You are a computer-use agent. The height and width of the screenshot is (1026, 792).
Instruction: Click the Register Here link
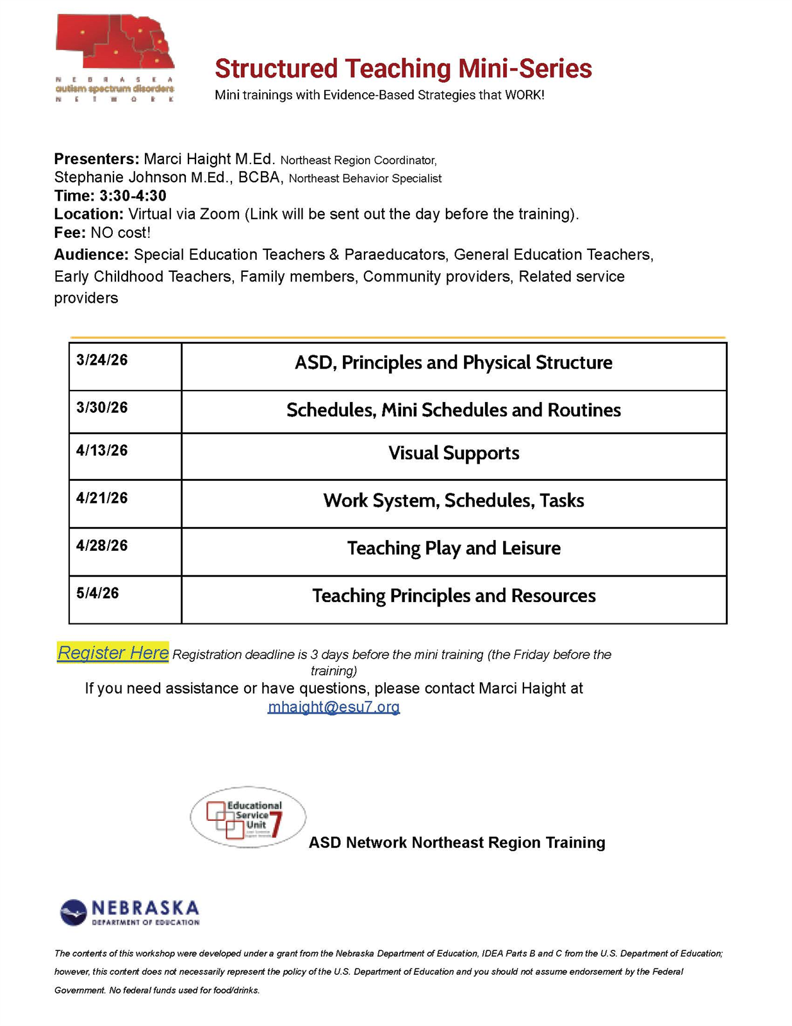click(113, 653)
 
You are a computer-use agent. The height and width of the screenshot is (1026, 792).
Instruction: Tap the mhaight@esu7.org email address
click(333, 707)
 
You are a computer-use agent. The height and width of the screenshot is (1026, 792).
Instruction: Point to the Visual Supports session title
click(454, 453)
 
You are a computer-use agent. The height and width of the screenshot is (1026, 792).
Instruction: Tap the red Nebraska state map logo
click(116, 42)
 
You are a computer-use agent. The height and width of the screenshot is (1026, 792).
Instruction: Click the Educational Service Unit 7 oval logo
click(248, 818)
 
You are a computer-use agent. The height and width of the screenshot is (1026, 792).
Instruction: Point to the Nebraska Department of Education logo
click(130, 912)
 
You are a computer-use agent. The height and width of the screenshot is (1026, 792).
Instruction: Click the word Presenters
click(96, 159)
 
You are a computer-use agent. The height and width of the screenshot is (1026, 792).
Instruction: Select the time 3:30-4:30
click(133, 196)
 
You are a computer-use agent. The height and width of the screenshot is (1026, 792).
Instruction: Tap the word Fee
click(69, 232)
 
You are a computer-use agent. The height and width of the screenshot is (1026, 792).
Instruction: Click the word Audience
click(91, 255)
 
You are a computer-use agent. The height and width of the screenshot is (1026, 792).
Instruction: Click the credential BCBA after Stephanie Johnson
click(260, 178)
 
